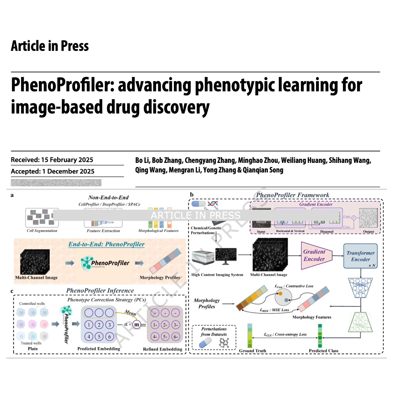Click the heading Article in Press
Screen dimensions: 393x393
(x=50, y=46)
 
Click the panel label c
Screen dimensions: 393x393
(x=12, y=291)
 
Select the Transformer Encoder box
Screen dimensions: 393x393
(x=360, y=256)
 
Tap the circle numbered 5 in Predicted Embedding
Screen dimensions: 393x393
(x=98, y=337)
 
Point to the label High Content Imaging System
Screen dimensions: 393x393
(x=217, y=275)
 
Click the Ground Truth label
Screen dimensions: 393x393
(x=252, y=351)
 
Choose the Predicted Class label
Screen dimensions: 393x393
(x=323, y=351)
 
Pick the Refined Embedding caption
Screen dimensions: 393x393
(x=163, y=349)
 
